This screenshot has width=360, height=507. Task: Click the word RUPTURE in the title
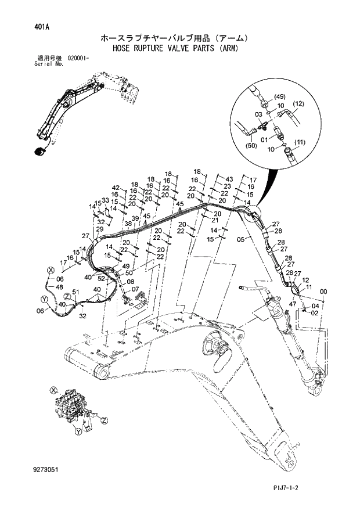(152, 49)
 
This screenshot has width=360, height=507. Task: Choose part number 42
(116, 188)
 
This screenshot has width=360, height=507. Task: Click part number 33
(105, 200)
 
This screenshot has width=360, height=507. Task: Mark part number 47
(293, 303)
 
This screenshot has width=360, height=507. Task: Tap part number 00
(323, 292)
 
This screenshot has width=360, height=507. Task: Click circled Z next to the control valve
(103, 419)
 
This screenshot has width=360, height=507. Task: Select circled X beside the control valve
(53, 390)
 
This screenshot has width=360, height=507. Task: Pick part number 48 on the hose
(59, 286)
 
